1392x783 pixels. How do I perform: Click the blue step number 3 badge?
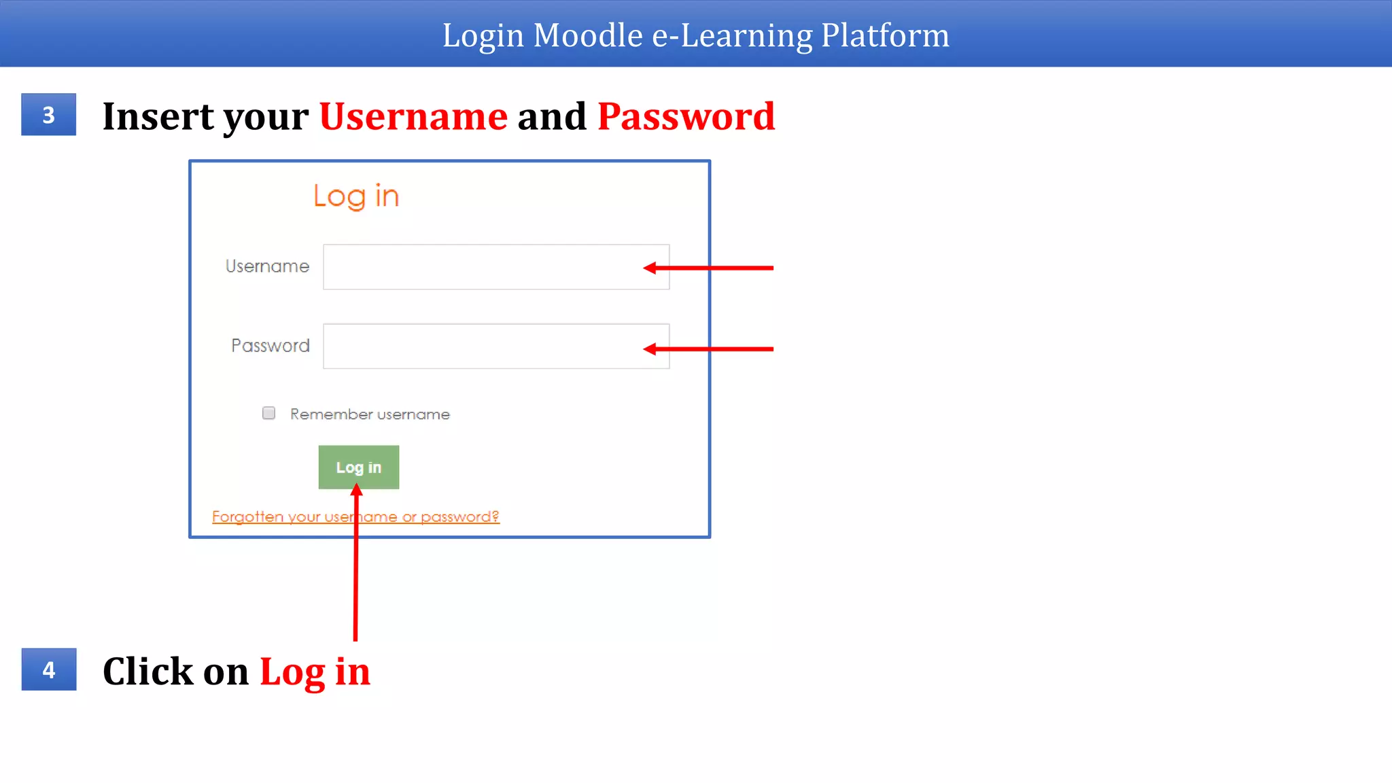pos(48,114)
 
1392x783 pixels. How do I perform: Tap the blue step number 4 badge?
pos(48,669)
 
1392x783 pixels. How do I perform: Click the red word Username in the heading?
pos(413,116)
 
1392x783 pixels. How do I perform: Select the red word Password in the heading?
pos(686,116)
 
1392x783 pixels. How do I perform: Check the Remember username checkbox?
pos(269,413)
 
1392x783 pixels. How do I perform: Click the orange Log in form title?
pos(356,196)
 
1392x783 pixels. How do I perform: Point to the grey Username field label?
pos(267,266)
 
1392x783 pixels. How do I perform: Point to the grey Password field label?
pos(271,346)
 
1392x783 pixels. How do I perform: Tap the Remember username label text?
pos(370,415)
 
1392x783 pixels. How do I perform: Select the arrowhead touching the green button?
pos(356,489)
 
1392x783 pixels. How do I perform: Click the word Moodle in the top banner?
pos(588,35)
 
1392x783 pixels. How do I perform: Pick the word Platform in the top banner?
pos(885,35)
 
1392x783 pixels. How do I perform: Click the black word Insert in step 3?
pos(158,116)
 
